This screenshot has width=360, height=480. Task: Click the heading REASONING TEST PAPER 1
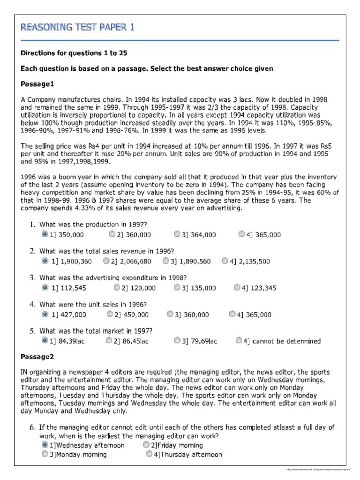click(x=77, y=27)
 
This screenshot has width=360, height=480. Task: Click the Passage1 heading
click(x=37, y=84)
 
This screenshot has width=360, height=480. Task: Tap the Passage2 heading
click(x=37, y=357)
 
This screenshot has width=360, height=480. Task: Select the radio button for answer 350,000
click(x=45, y=234)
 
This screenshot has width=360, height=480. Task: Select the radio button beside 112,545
click(x=45, y=287)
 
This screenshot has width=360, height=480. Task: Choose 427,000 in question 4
click(x=45, y=314)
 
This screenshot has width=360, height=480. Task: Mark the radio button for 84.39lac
click(x=45, y=340)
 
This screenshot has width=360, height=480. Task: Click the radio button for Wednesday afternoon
click(x=45, y=445)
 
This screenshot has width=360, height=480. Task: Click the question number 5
click(x=33, y=331)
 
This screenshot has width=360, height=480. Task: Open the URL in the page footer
click(x=319, y=469)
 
